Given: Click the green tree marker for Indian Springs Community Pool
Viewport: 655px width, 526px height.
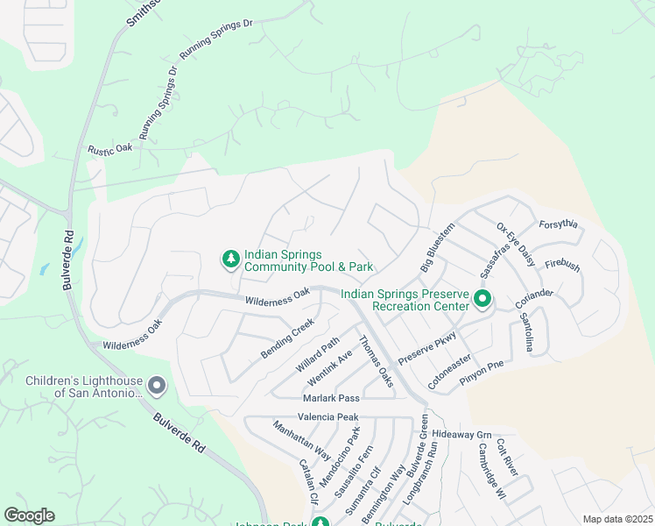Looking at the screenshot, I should pyautogui.click(x=230, y=259).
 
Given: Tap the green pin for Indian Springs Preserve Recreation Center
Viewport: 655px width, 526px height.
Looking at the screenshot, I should pyautogui.click(x=482, y=300).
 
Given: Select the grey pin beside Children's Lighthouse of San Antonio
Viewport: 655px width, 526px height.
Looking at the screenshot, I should pyautogui.click(x=157, y=386).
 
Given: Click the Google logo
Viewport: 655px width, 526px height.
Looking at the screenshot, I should pyautogui.click(x=29, y=515).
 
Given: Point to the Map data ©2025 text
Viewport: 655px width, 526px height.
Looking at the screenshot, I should pyautogui.click(x=617, y=519).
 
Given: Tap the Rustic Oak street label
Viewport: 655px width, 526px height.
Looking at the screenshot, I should pyautogui.click(x=110, y=149).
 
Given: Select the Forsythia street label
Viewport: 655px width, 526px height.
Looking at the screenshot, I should pyautogui.click(x=559, y=224).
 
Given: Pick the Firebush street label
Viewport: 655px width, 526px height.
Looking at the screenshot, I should pyautogui.click(x=562, y=265).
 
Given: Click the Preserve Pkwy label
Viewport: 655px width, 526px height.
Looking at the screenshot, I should pyautogui.click(x=427, y=348).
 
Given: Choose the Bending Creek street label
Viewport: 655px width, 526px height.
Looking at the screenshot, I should pyautogui.click(x=287, y=339).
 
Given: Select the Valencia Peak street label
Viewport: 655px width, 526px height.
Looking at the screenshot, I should pyautogui.click(x=328, y=417).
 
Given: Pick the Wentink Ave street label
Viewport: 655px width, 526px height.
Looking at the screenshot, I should pyautogui.click(x=329, y=368).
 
